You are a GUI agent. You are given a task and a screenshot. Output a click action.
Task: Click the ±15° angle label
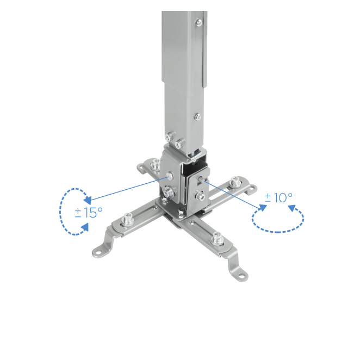89,213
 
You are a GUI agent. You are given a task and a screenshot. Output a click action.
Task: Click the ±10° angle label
278,197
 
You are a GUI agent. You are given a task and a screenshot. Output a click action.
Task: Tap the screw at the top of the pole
199,22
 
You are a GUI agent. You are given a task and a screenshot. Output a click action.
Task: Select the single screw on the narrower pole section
198,117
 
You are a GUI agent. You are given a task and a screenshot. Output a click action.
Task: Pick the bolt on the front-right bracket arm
217,238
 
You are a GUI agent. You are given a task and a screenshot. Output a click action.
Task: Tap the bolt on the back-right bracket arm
234,181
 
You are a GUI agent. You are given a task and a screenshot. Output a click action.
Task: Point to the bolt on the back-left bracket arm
156,164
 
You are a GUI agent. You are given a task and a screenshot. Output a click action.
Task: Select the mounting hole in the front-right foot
242,275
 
